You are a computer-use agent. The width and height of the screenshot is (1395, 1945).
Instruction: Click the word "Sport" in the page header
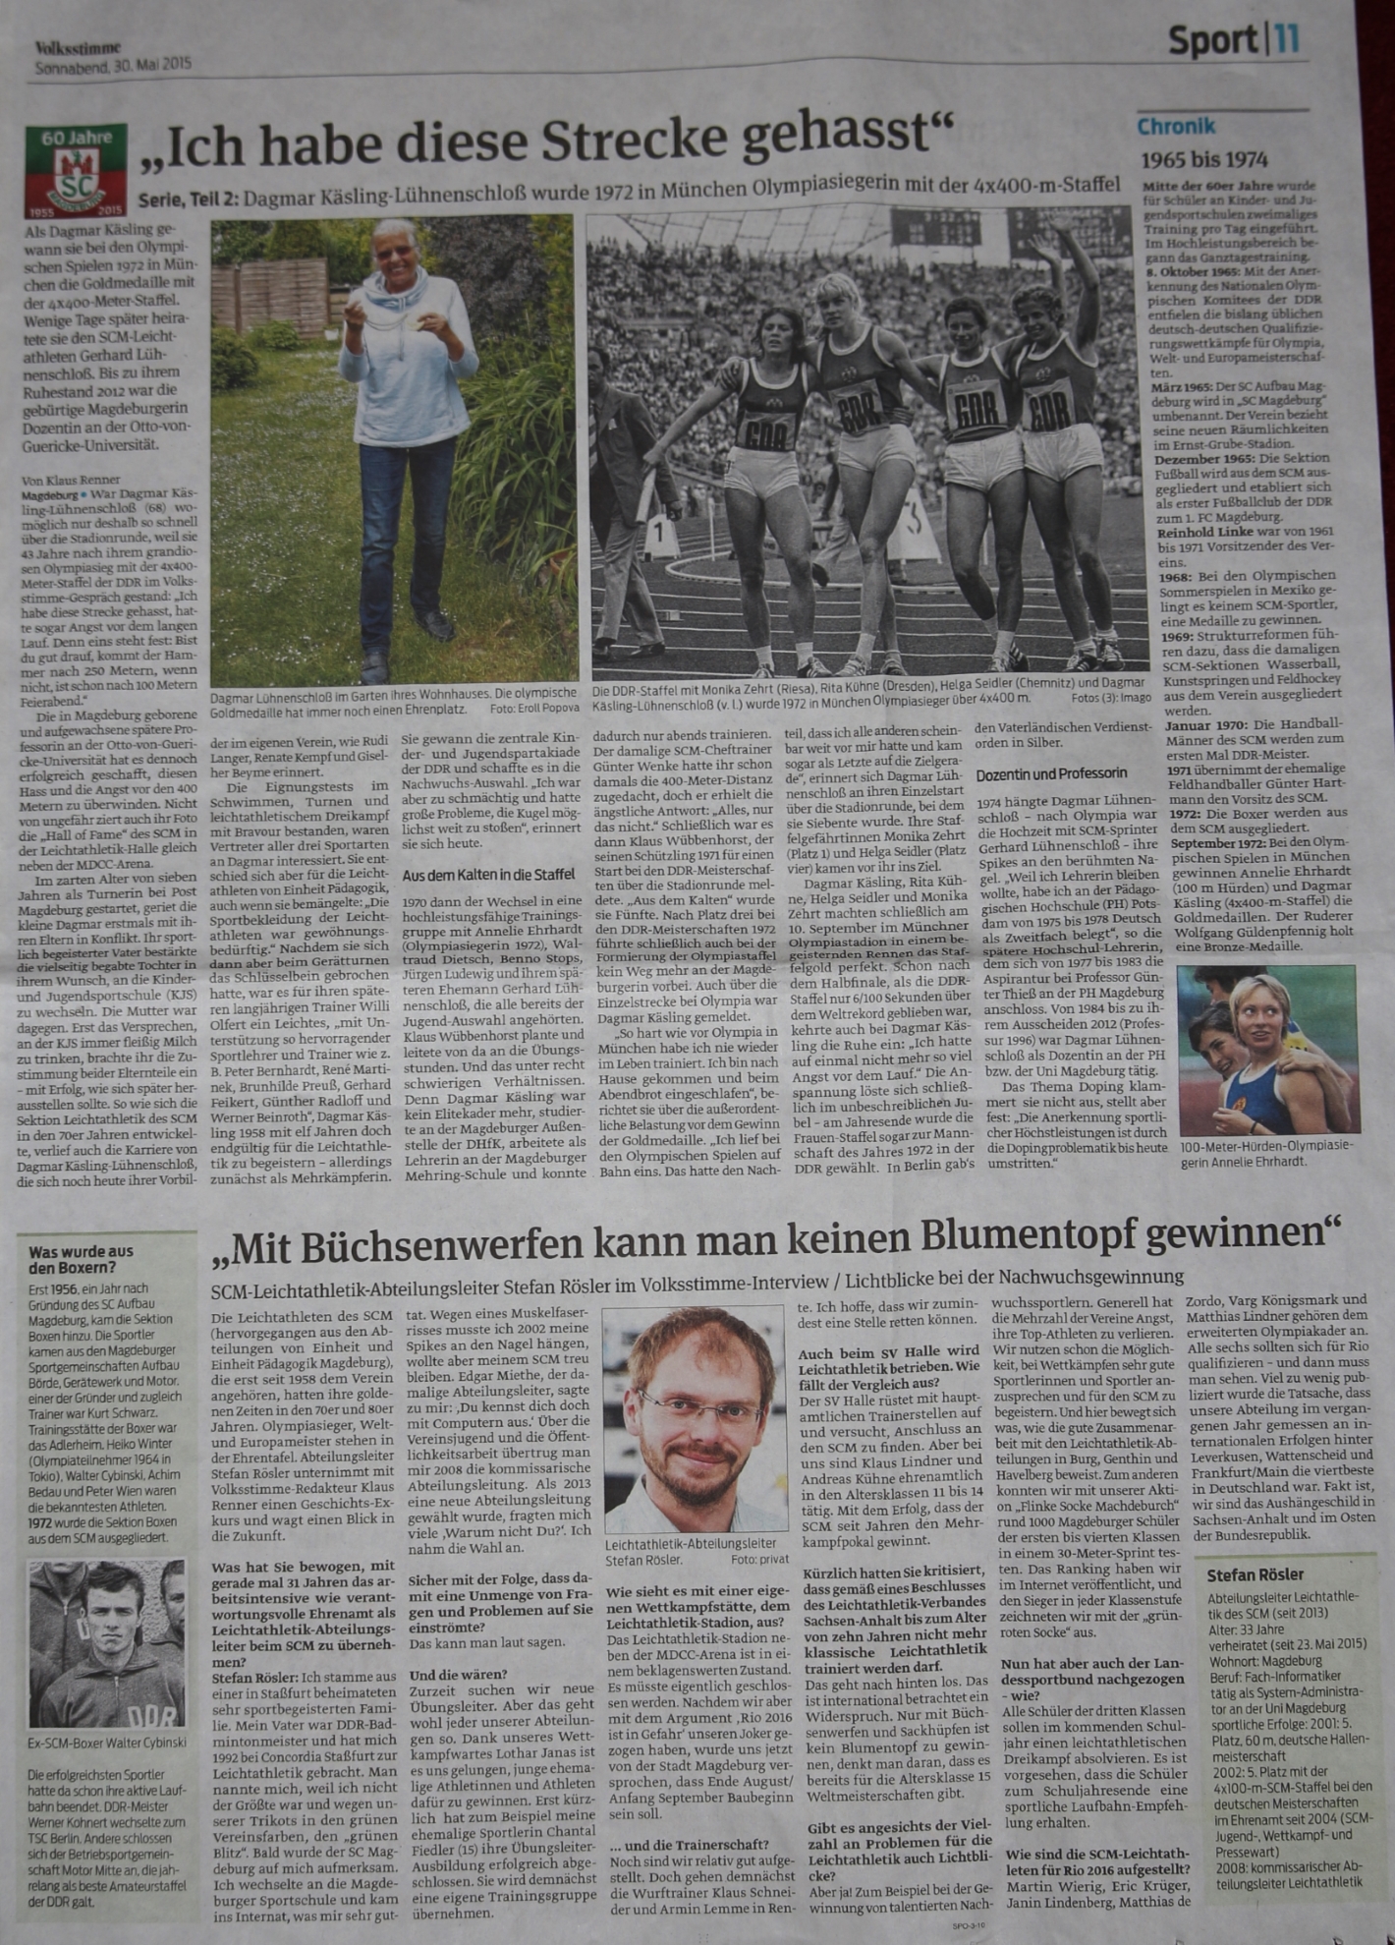coord(1211,41)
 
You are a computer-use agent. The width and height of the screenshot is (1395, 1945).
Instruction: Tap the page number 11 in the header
coord(1288,41)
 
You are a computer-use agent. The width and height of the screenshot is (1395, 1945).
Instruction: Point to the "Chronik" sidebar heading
coord(1176,127)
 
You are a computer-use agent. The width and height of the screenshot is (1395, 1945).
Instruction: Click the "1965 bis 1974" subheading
coord(1203,160)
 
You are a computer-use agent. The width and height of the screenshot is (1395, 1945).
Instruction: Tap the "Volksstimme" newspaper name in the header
coord(78,46)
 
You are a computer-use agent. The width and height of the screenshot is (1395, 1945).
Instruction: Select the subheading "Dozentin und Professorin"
coord(1051,774)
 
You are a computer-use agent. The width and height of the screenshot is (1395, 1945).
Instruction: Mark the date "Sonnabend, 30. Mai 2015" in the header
coord(113,67)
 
